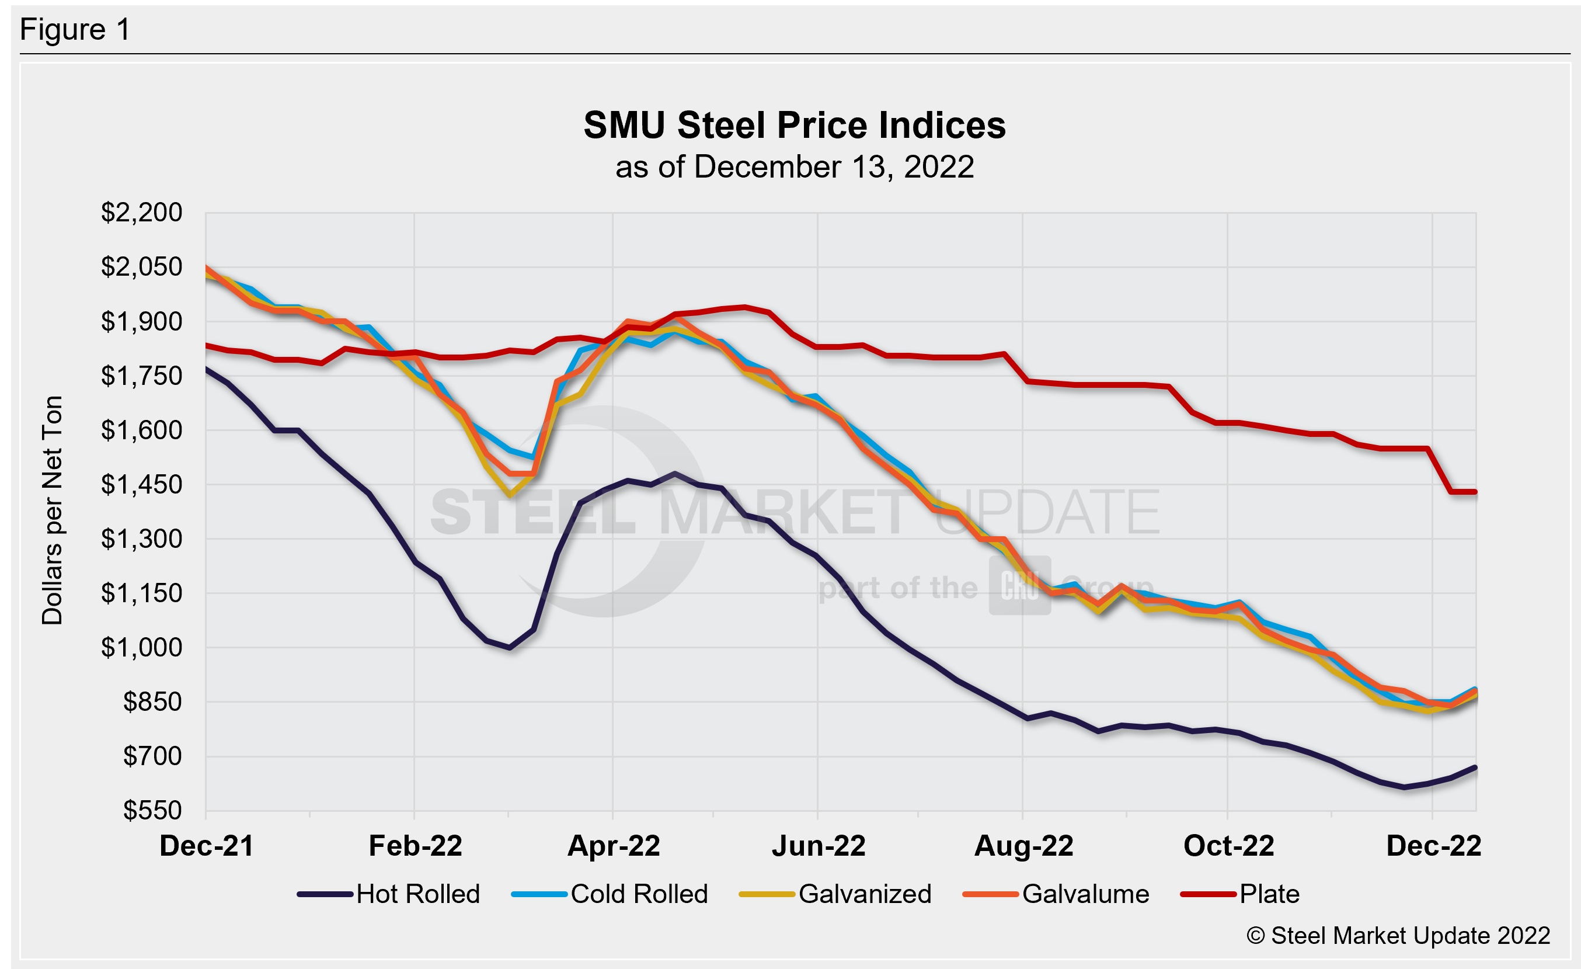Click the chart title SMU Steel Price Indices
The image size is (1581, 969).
pos(795,125)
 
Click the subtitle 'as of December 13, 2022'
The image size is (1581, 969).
pos(795,168)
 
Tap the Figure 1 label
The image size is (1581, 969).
pos(75,30)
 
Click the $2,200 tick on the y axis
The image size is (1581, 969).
pos(142,213)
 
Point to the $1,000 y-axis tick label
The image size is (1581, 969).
pos(142,648)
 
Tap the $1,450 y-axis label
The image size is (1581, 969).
pos(142,485)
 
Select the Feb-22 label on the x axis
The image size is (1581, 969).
pos(415,846)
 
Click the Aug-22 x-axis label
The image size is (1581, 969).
pos(1023,846)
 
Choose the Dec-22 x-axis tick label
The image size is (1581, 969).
pos(1433,846)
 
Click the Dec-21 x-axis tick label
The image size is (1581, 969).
pos(207,846)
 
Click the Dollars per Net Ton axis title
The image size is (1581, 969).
pos(52,510)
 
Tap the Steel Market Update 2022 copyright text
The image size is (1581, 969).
pos(1398,936)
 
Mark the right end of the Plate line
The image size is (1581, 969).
pos(1476,492)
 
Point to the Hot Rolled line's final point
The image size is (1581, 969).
pos(1476,767)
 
